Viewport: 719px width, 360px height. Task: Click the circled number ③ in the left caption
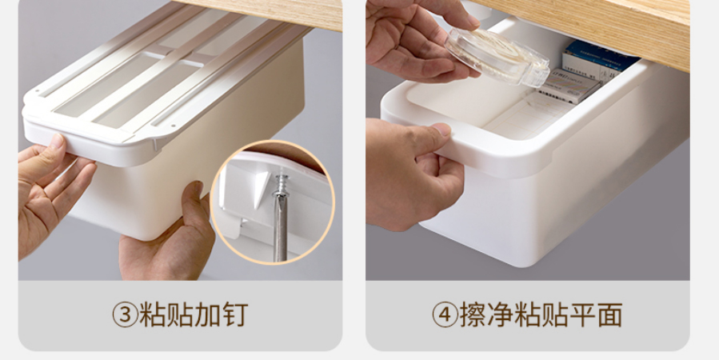(x=125, y=314)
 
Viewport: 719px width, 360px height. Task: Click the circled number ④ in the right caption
(x=445, y=314)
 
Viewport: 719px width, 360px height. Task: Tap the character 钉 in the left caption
(x=235, y=314)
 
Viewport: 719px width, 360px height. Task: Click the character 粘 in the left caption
(x=152, y=314)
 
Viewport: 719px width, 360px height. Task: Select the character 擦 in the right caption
(x=473, y=314)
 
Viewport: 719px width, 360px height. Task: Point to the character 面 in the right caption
(x=609, y=314)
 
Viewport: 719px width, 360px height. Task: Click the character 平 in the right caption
(x=582, y=314)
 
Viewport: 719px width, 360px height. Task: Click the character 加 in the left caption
(x=208, y=314)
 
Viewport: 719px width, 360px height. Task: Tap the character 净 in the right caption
(x=500, y=314)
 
